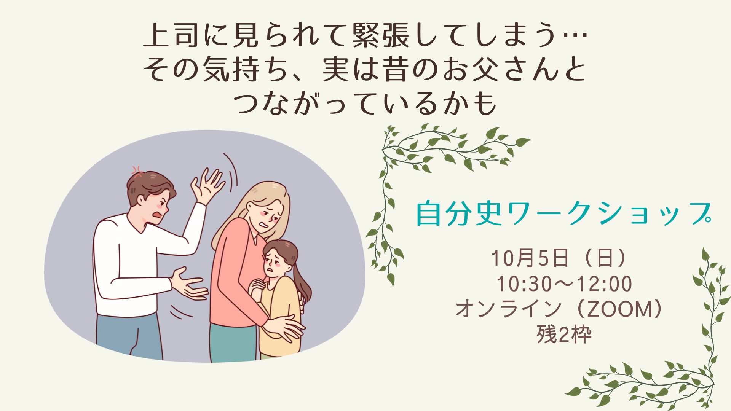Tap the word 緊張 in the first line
[x=381, y=35]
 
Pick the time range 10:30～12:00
[x=564, y=284]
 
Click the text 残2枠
[x=564, y=334]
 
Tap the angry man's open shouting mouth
[x=157, y=216]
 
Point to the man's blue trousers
[x=129, y=337]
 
